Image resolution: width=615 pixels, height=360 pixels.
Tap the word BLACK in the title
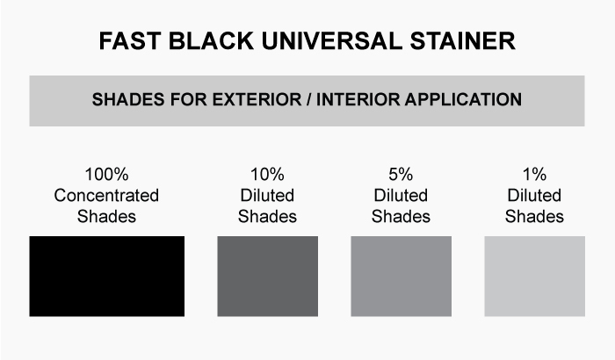point(212,40)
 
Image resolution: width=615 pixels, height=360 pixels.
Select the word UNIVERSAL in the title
point(332,40)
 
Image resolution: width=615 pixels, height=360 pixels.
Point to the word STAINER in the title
point(462,40)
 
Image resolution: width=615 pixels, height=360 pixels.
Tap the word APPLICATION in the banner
point(463,99)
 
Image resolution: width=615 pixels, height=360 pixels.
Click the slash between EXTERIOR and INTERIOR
point(309,99)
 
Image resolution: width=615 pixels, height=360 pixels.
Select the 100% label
point(106,175)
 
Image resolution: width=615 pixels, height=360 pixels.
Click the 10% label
point(267,175)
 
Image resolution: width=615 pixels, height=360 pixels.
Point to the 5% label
point(401,175)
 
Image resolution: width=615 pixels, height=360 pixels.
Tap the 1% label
point(534,175)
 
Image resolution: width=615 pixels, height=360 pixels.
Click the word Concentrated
point(106,195)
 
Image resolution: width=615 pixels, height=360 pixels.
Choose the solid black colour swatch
point(106,276)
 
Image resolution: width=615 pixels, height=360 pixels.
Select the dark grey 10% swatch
point(267,276)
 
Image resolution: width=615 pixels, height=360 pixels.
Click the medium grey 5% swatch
point(401,276)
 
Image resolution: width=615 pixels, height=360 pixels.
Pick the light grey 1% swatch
point(534,276)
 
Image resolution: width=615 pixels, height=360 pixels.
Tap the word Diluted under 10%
point(267,195)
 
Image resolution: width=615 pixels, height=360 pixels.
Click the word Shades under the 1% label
point(534,217)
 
